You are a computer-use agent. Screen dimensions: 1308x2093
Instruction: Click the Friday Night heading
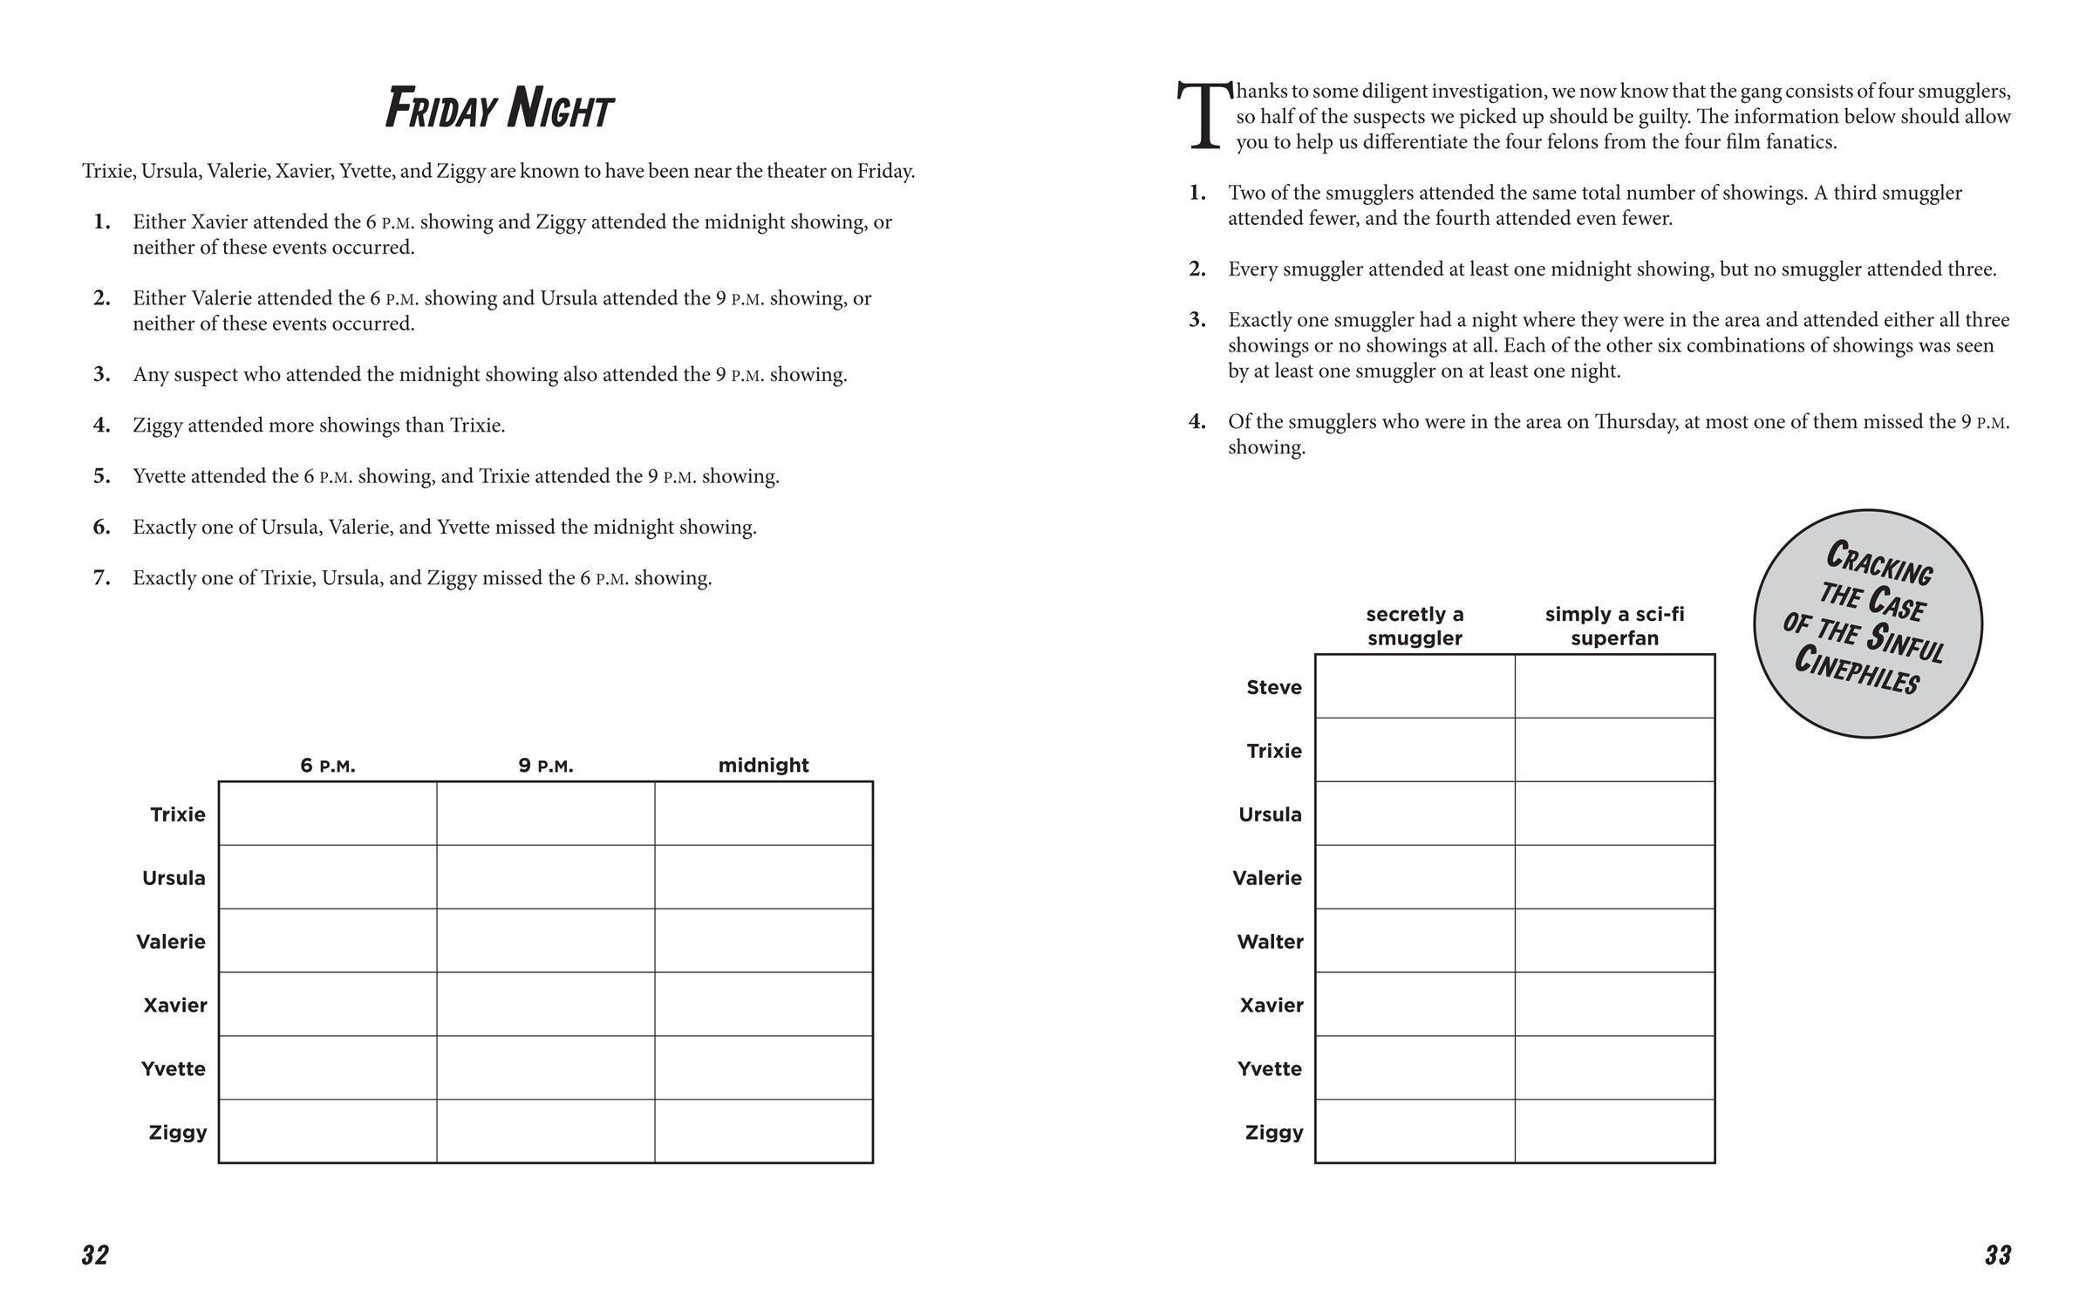click(x=500, y=110)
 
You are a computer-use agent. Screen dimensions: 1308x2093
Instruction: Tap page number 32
click(x=95, y=1256)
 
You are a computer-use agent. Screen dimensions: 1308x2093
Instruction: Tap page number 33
click(x=1998, y=1256)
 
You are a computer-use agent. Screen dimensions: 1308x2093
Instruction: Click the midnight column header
click(x=763, y=766)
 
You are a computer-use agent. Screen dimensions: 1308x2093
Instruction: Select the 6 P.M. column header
click(x=328, y=766)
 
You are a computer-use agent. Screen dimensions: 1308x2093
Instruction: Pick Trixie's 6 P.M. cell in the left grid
click(x=328, y=814)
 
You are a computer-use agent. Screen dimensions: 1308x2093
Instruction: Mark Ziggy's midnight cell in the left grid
click(x=763, y=1131)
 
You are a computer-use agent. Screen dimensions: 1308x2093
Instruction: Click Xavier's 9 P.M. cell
click(x=546, y=1005)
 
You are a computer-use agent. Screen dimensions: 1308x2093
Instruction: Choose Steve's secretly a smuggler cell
click(x=1415, y=686)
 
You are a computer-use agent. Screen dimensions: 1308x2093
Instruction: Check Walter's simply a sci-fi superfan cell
click(x=1615, y=941)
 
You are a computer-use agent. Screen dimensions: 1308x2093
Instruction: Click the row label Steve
click(x=1273, y=687)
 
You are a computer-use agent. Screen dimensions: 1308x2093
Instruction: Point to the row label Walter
click(x=1270, y=942)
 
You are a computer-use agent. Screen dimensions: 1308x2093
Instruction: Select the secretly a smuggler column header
click(x=1415, y=626)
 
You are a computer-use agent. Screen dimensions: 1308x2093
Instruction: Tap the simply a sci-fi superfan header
click(x=1615, y=626)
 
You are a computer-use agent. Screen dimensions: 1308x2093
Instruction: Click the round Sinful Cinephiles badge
click(x=1868, y=623)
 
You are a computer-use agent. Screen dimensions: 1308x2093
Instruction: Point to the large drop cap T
click(x=1203, y=116)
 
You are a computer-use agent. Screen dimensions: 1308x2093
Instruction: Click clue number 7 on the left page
click(x=102, y=578)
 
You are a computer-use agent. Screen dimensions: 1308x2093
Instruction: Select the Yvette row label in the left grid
click(x=174, y=1069)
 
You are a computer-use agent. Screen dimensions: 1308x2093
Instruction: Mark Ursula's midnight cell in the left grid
click(x=763, y=877)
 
